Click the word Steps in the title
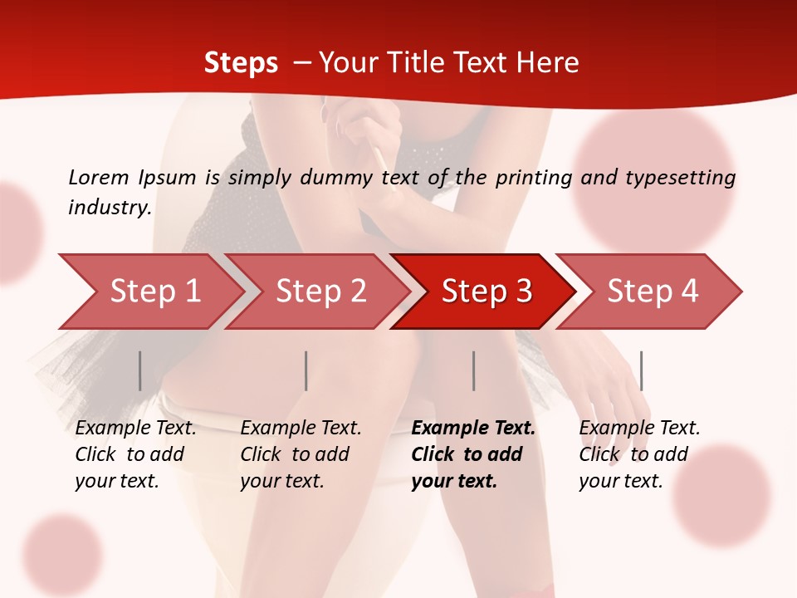tap(241, 63)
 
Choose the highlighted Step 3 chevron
tap(487, 292)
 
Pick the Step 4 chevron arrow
tap(653, 292)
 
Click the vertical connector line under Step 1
tap(139, 370)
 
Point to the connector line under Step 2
tap(306, 370)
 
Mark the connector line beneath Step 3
tap(473, 370)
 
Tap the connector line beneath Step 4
tap(641, 370)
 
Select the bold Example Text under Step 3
tap(473, 454)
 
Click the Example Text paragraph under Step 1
tap(135, 454)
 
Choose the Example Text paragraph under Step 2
tap(301, 454)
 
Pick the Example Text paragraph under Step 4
tap(639, 454)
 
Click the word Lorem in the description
tap(98, 177)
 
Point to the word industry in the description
tap(109, 208)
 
